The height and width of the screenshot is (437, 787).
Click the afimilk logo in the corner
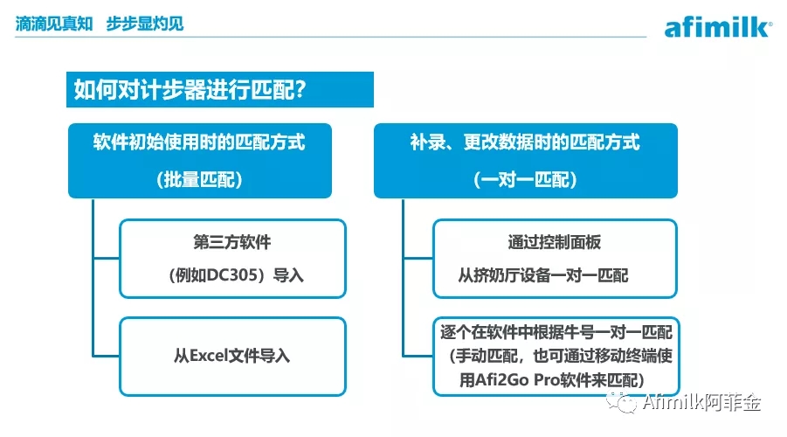(718, 28)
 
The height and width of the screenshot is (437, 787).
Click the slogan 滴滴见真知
(54, 24)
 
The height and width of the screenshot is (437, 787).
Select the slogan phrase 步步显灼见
(144, 24)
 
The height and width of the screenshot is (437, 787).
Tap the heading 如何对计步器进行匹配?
(190, 90)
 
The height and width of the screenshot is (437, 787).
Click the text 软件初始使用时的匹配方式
(199, 142)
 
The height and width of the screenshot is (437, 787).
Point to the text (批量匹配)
(199, 179)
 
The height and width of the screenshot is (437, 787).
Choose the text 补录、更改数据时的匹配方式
(525, 142)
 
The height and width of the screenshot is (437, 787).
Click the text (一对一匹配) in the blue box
(525, 179)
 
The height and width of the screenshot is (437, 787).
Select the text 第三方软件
(231, 242)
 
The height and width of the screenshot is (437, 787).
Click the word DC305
(231, 275)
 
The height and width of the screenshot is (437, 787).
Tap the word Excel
(208, 356)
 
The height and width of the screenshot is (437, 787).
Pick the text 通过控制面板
(554, 242)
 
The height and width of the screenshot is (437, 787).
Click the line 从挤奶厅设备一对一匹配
(543, 275)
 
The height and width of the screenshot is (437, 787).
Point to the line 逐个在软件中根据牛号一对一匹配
(556, 332)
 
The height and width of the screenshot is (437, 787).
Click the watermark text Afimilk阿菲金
(701, 402)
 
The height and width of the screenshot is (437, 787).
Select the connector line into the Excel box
(106, 356)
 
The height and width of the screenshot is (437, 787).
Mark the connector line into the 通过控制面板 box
(418, 258)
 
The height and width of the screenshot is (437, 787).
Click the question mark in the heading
(300, 90)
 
